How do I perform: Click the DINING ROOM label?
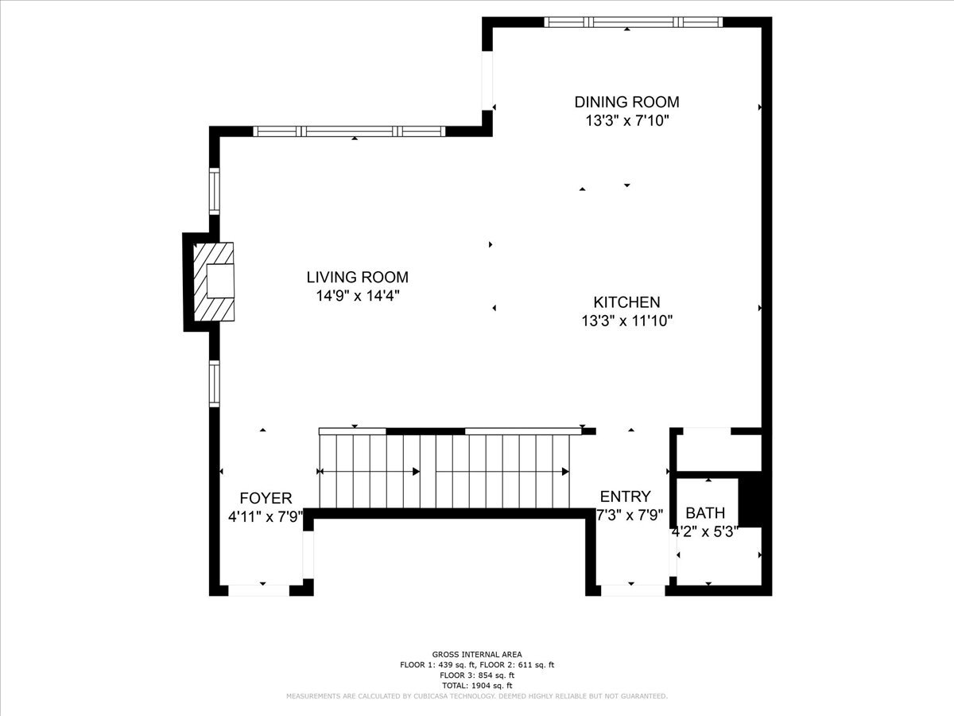[x=626, y=102]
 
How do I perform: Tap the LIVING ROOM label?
[x=357, y=278]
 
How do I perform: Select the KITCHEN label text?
[x=626, y=302]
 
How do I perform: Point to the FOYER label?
[x=266, y=498]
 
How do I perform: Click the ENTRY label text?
[x=626, y=496]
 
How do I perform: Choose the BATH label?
[x=705, y=513]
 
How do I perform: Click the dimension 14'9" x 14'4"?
[x=357, y=296]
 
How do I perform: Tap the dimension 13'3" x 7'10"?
[x=626, y=120]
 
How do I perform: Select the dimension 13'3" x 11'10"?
[x=626, y=321]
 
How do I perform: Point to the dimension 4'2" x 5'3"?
[x=705, y=531]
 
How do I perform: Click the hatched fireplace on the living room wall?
[x=213, y=282]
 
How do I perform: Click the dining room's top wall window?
[x=634, y=22]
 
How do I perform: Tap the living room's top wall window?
[x=349, y=131]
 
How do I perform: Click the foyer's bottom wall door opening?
[x=259, y=590]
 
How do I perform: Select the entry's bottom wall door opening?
[x=633, y=590]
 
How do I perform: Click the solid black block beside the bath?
[x=750, y=499]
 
